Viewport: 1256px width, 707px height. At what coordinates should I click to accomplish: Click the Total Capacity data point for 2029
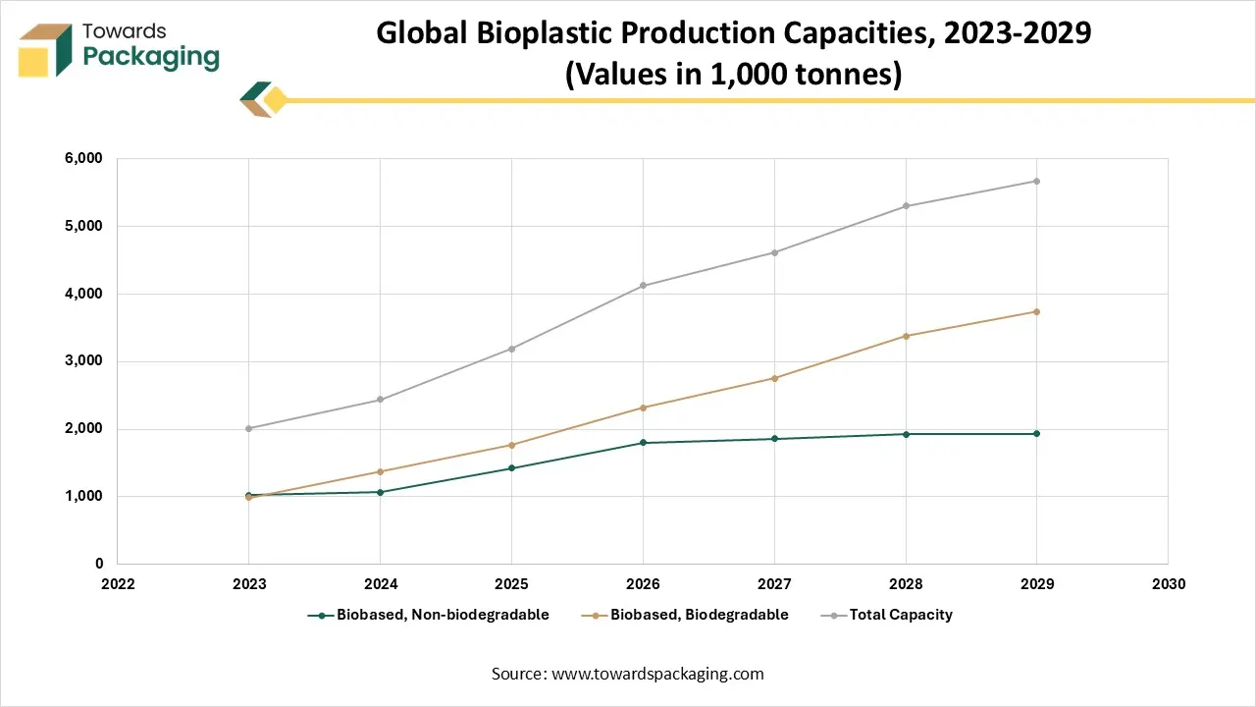pyautogui.click(x=1036, y=181)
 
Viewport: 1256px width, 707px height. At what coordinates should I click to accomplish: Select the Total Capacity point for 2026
pyautogui.click(x=643, y=286)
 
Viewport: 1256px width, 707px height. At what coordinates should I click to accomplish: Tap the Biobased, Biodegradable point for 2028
pyautogui.click(x=906, y=336)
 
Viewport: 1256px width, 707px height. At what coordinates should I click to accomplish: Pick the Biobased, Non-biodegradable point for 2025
pyautogui.click(x=511, y=467)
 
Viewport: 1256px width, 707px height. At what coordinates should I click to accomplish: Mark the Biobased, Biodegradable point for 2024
pyautogui.click(x=380, y=471)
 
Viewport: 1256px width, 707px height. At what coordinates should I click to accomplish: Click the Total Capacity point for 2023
pyautogui.click(x=249, y=428)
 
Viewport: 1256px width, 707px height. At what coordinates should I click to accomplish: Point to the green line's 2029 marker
pyautogui.click(x=1036, y=433)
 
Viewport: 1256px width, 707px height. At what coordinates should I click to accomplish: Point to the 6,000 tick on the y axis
pyautogui.click(x=84, y=158)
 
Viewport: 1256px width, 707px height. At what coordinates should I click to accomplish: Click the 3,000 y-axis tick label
pyautogui.click(x=84, y=361)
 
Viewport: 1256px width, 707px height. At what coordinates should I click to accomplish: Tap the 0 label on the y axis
pyautogui.click(x=98, y=564)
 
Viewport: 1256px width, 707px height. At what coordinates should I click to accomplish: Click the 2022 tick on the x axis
pyautogui.click(x=118, y=584)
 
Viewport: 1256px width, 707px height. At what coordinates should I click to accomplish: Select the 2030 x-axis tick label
pyautogui.click(x=1168, y=584)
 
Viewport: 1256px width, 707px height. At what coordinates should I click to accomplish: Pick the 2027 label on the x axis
pyautogui.click(x=774, y=584)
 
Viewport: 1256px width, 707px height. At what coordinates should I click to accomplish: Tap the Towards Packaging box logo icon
pyautogui.click(x=45, y=50)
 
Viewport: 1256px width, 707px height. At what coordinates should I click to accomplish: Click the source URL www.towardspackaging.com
pyautogui.click(x=656, y=674)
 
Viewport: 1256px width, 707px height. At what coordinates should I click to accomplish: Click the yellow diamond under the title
pyautogui.click(x=276, y=100)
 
